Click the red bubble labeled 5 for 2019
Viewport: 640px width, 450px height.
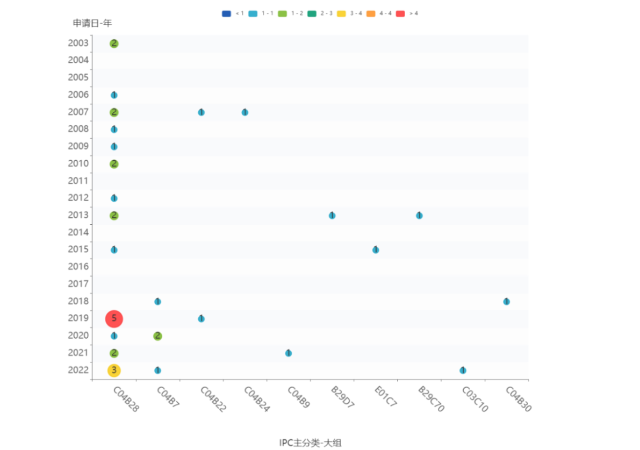(114, 319)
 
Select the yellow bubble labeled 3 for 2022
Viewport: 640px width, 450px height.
(114, 370)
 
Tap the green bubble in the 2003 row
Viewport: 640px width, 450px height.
(114, 44)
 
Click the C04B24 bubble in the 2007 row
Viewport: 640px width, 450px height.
(245, 112)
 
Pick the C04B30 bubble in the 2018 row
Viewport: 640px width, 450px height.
(506, 302)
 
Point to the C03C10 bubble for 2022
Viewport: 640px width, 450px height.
(463, 370)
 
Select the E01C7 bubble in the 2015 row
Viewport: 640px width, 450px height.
(376, 250)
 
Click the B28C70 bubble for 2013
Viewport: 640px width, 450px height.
(419, 216)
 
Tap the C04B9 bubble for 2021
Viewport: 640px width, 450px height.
(288, 353)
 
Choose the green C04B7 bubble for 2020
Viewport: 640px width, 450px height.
(157, 336)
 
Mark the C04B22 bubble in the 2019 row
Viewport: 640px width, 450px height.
(201, 319)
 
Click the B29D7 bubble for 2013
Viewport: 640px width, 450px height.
(332, 216)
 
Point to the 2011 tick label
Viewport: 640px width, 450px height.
(78, 181)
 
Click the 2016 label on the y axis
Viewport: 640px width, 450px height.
(78, 267)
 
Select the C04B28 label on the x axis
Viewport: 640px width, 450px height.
(126, 399)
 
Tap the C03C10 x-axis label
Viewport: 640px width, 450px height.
(475, 399)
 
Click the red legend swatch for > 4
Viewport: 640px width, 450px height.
(400, 13)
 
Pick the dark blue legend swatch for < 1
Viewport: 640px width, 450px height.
(226, 13)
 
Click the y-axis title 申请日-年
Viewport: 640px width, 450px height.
(92, 23)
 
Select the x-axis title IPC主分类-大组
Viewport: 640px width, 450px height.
(310, 443)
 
